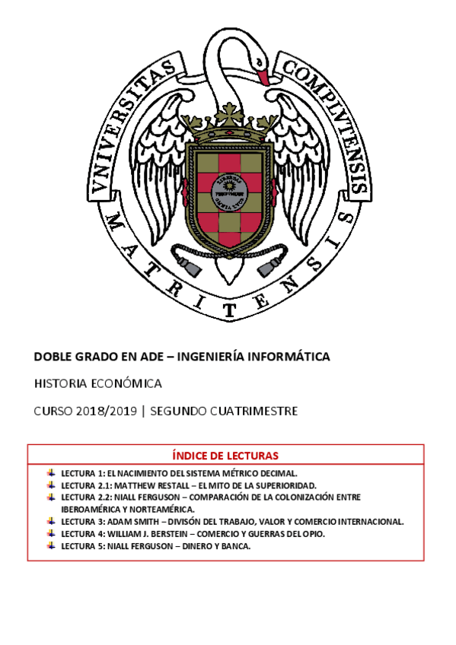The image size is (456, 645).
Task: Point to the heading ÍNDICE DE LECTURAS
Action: point(225,456)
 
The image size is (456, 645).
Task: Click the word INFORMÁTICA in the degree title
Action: point(289,356)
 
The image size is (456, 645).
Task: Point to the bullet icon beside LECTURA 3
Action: point(50,521)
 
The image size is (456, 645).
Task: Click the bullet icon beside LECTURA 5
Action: point(50,545)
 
